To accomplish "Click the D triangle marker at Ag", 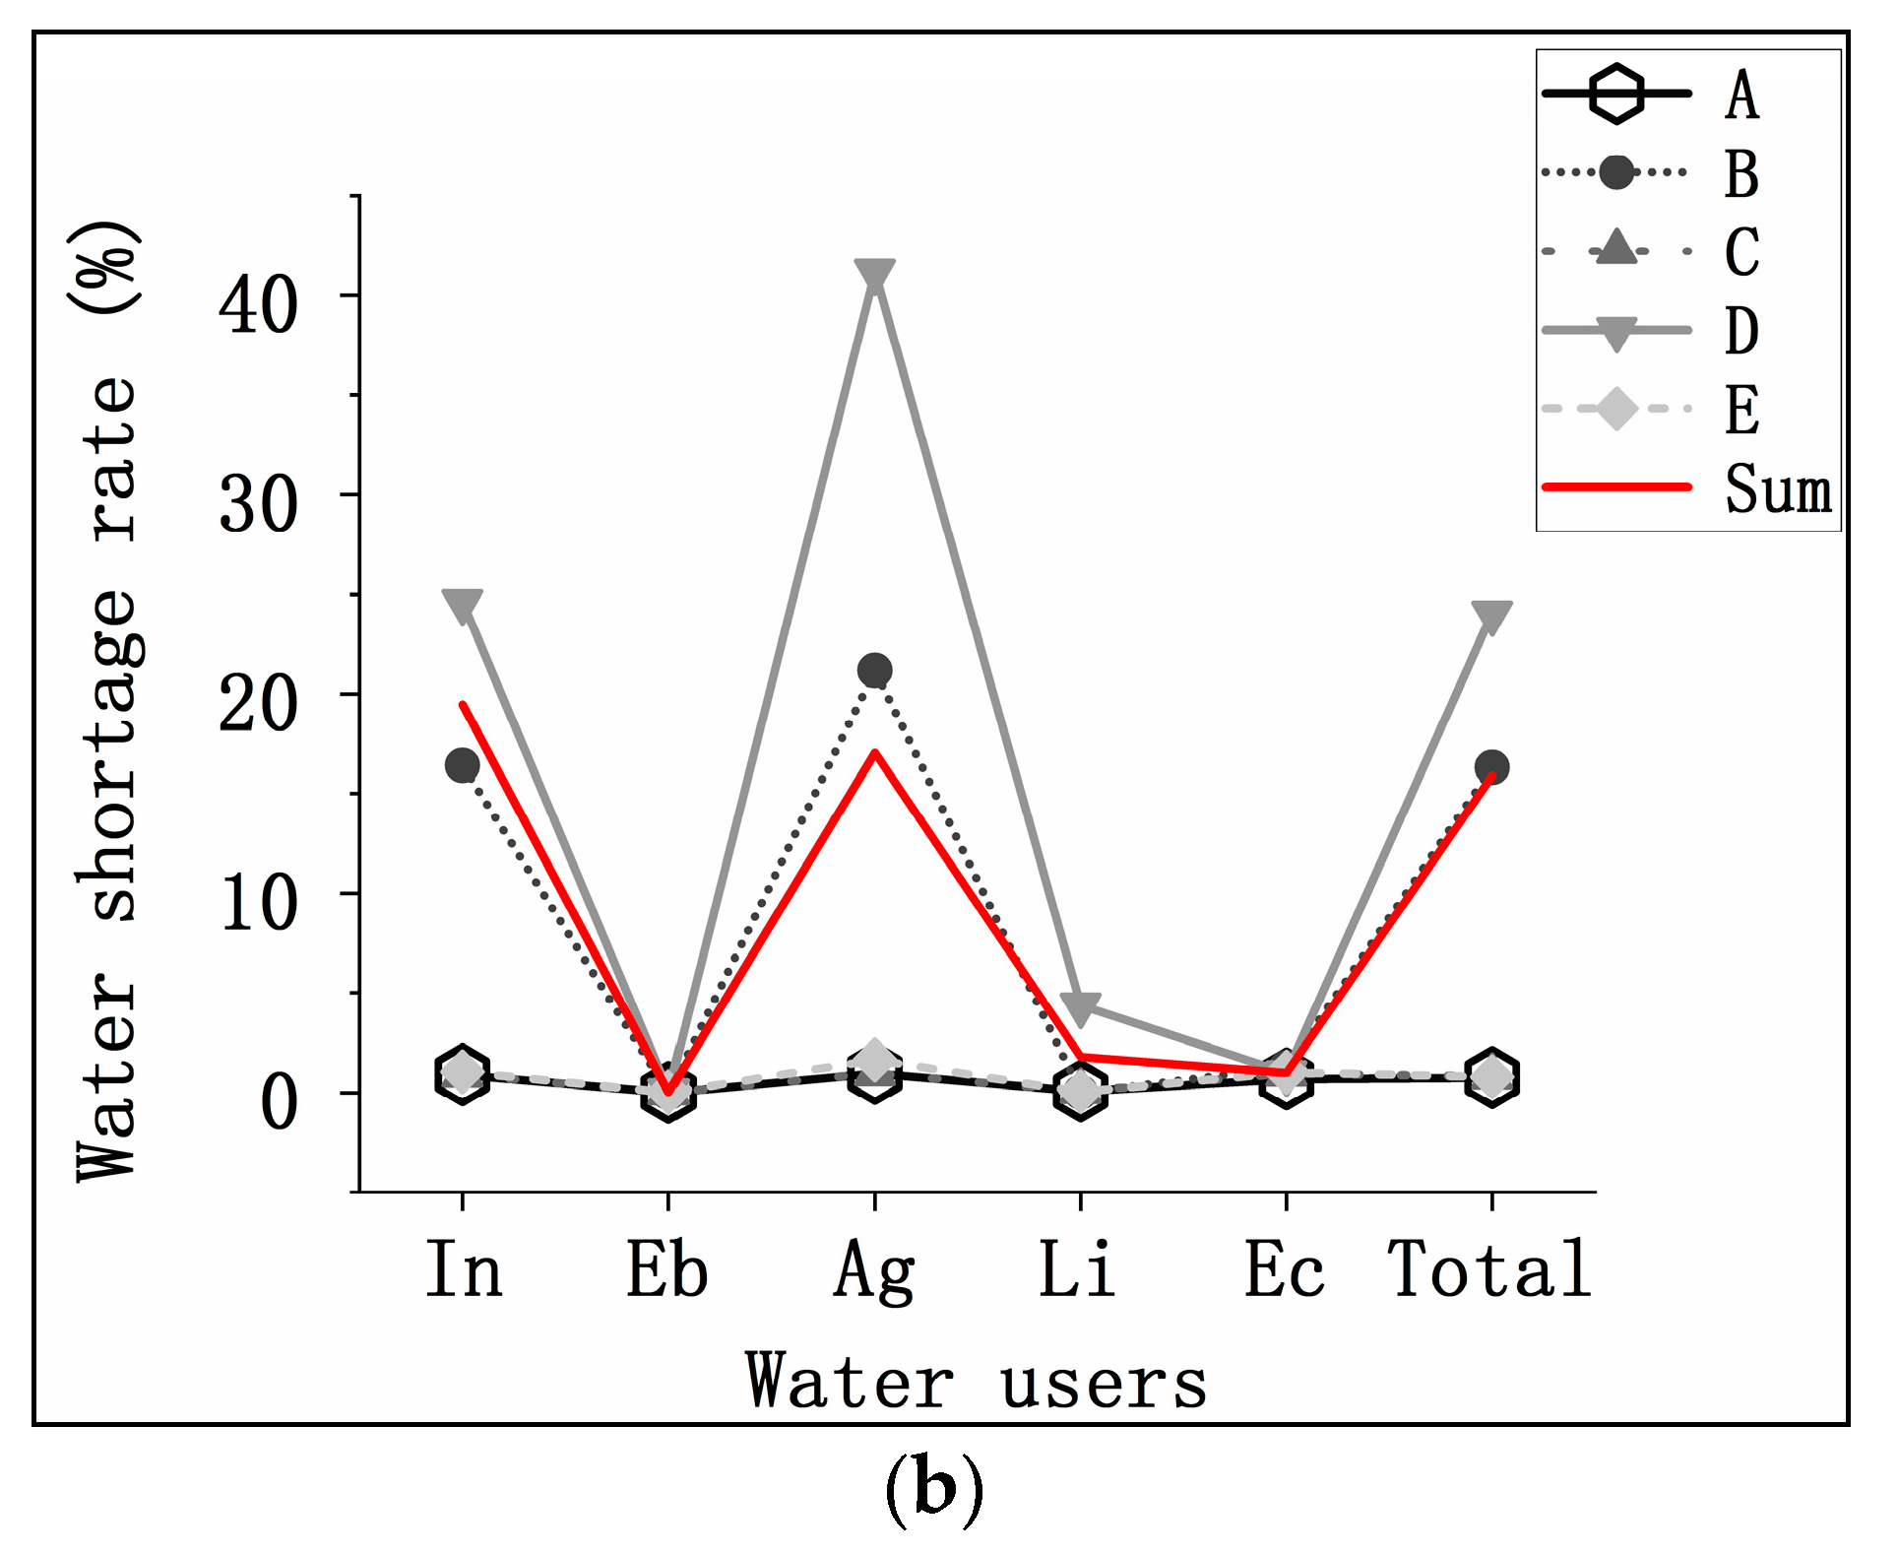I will pyautogui.click(x=874, y=275).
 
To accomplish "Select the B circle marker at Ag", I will pyautogui.click(x=874, y=671).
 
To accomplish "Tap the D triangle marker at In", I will pyautogui.click(x=462, y=605).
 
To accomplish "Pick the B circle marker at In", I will pyautogui.click(x=462, y=765).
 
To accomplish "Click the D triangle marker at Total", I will pyautogui.click(x=1491, y=616).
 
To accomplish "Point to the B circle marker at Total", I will pyautogui.click(x=1491, y=766).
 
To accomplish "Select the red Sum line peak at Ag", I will pyautogui.click(x=874, y=753).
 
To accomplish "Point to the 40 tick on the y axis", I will pyautogui.click(x=258, y=304).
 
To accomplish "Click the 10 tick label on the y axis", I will pyautogui.click(x=258, y=903).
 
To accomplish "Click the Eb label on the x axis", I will pyautogui.click(x=667, y=1269).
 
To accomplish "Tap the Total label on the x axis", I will pyautogui.click(x=1489, y=1269).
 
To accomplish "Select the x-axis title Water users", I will pyautogui.click(x=976, y=1381).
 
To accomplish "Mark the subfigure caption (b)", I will pyautogui.click(x=933, y=1488).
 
